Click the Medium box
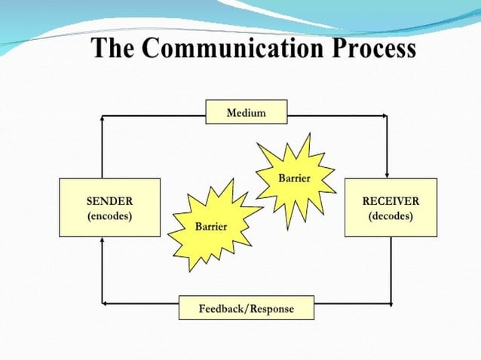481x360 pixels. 246,113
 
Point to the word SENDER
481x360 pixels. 109,201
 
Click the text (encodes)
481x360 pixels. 109,216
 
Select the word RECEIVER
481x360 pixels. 391,201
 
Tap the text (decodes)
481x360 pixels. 391,216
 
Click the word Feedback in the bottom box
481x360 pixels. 222,309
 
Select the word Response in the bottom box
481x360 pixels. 271,309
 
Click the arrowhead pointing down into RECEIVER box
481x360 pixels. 387,173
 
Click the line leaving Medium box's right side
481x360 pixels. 335,115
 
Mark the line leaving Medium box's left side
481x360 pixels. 155,115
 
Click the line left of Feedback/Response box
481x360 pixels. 139,304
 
